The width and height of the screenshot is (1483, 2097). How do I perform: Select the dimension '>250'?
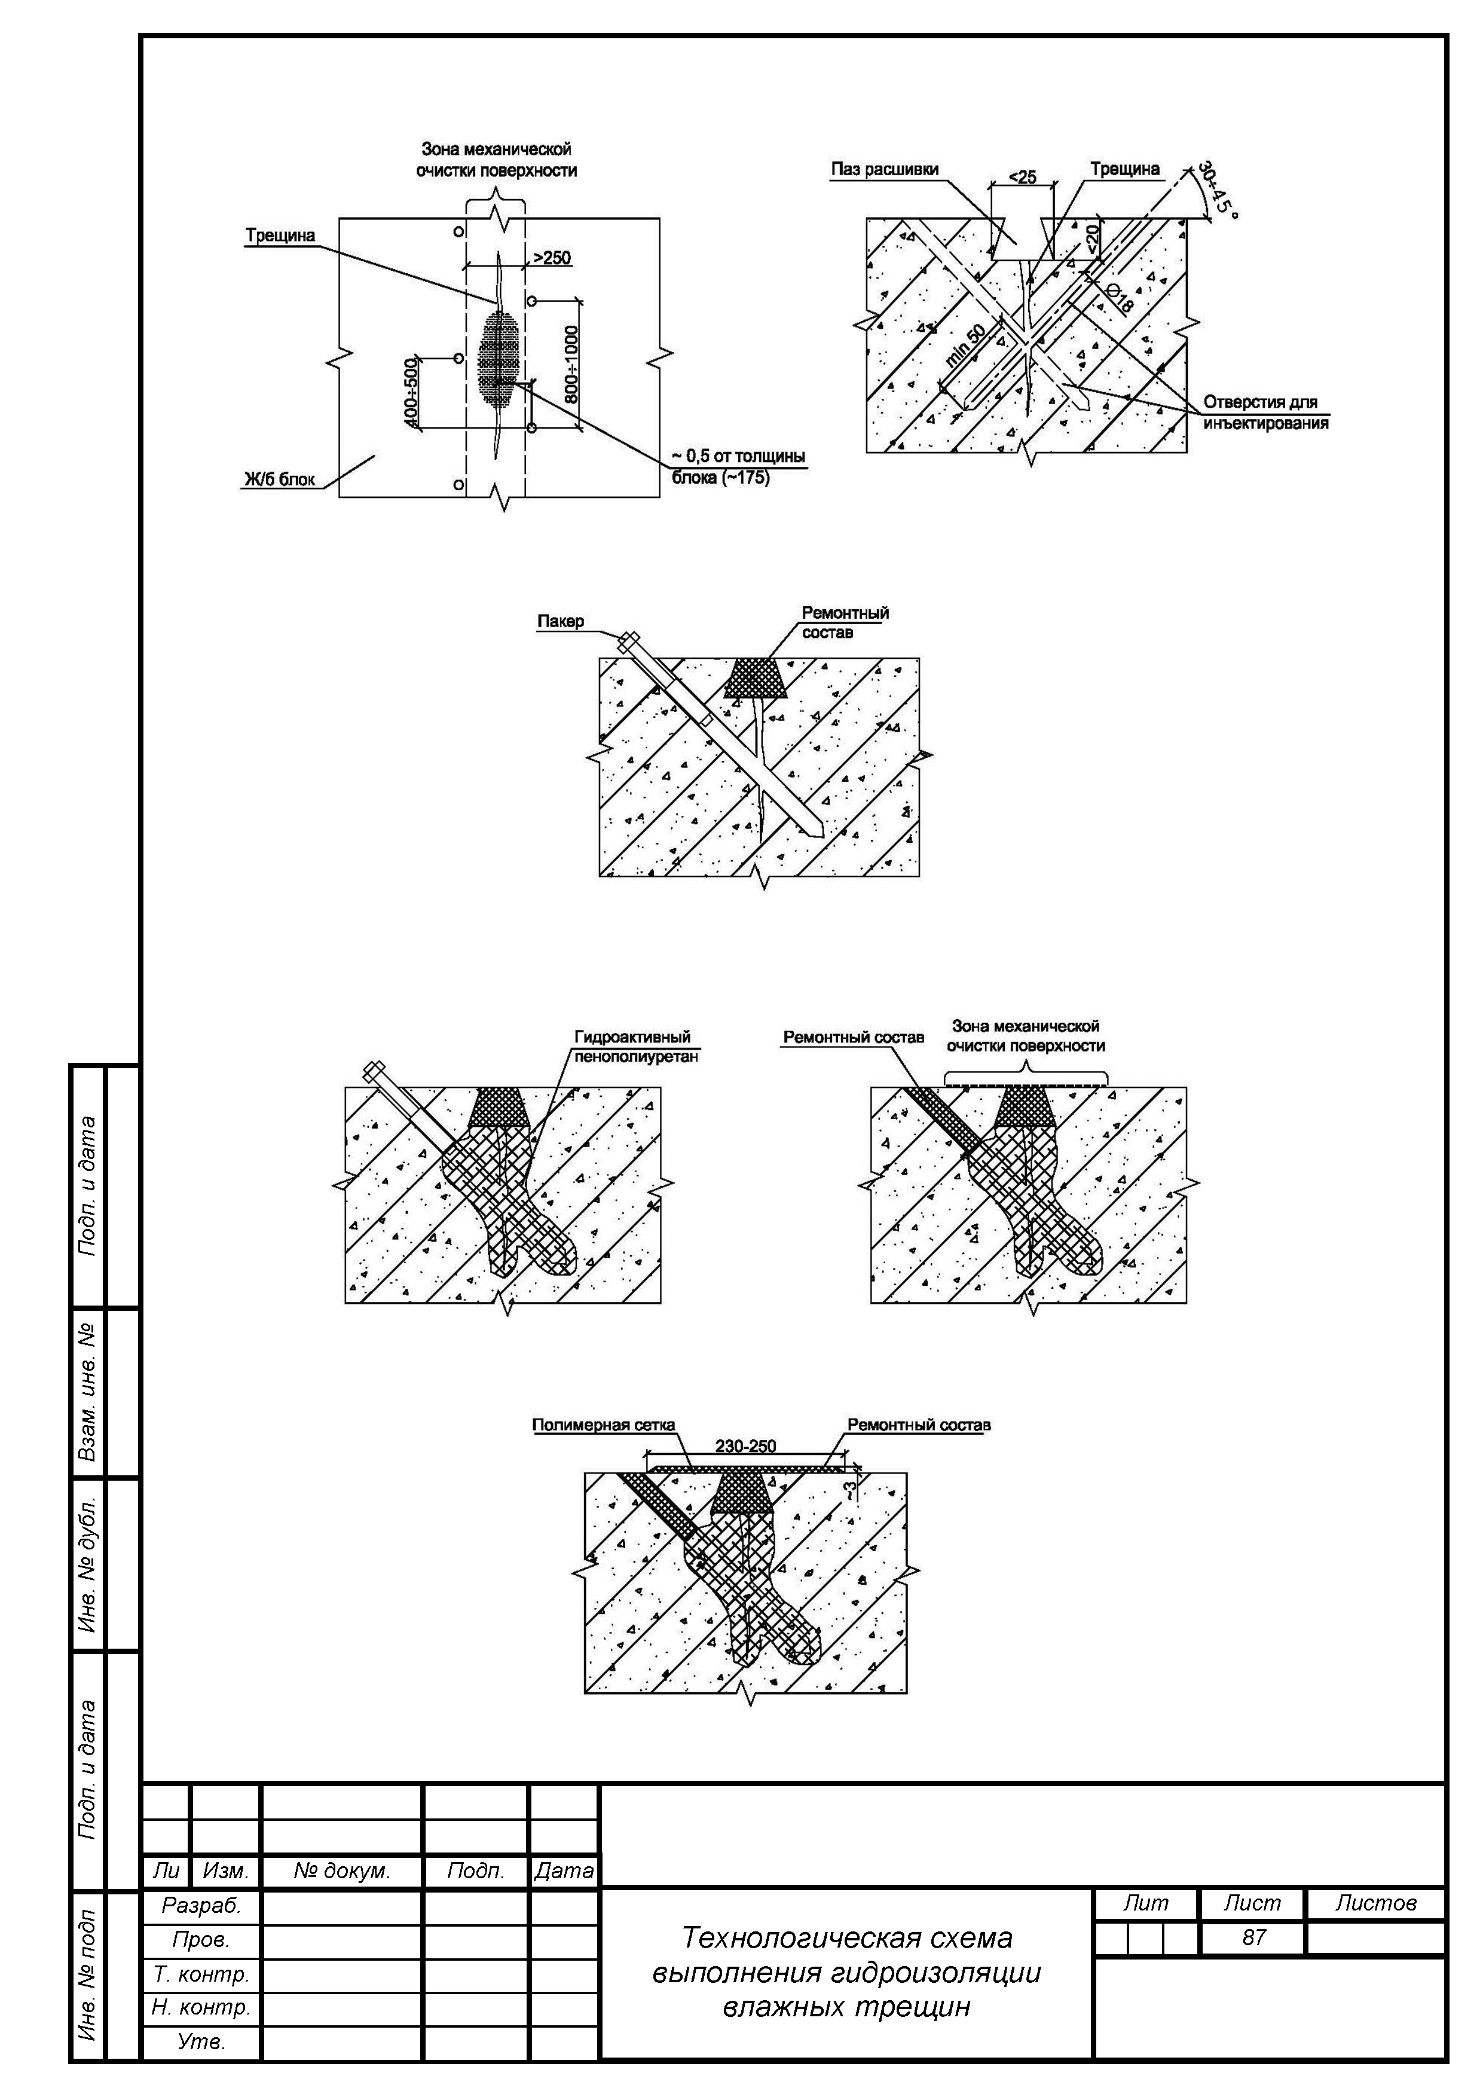coord(552,258)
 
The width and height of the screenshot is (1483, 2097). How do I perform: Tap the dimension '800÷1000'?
coord(571,365)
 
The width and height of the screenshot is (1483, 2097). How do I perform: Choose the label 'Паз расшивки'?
coord(884,169)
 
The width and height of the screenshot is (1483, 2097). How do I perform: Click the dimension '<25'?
coord(1022,176)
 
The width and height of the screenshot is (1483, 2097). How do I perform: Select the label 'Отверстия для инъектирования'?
coord(1265,412)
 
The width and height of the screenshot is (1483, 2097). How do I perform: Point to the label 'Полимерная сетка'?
coord(604,1425)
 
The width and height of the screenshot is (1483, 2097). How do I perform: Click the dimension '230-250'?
coord(745,1446)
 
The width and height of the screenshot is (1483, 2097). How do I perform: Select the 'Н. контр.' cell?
coord(201,2007)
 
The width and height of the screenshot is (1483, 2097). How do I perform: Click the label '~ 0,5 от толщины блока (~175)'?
coord(738,466)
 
